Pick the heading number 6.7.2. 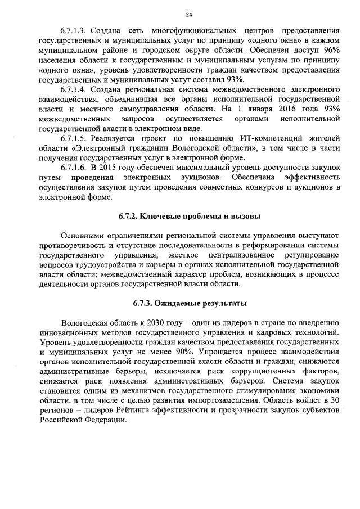pos(129,216)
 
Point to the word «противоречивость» pos(71,246)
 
